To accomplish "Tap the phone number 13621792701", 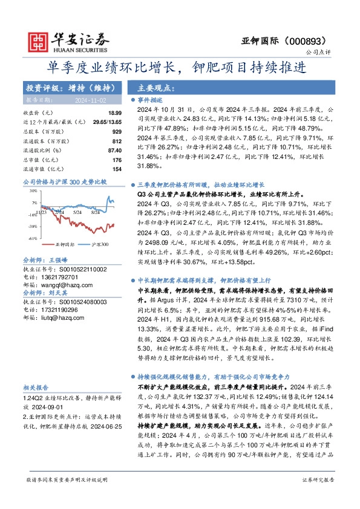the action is pos(61,277).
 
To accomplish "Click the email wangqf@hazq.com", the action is pos(61,285).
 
